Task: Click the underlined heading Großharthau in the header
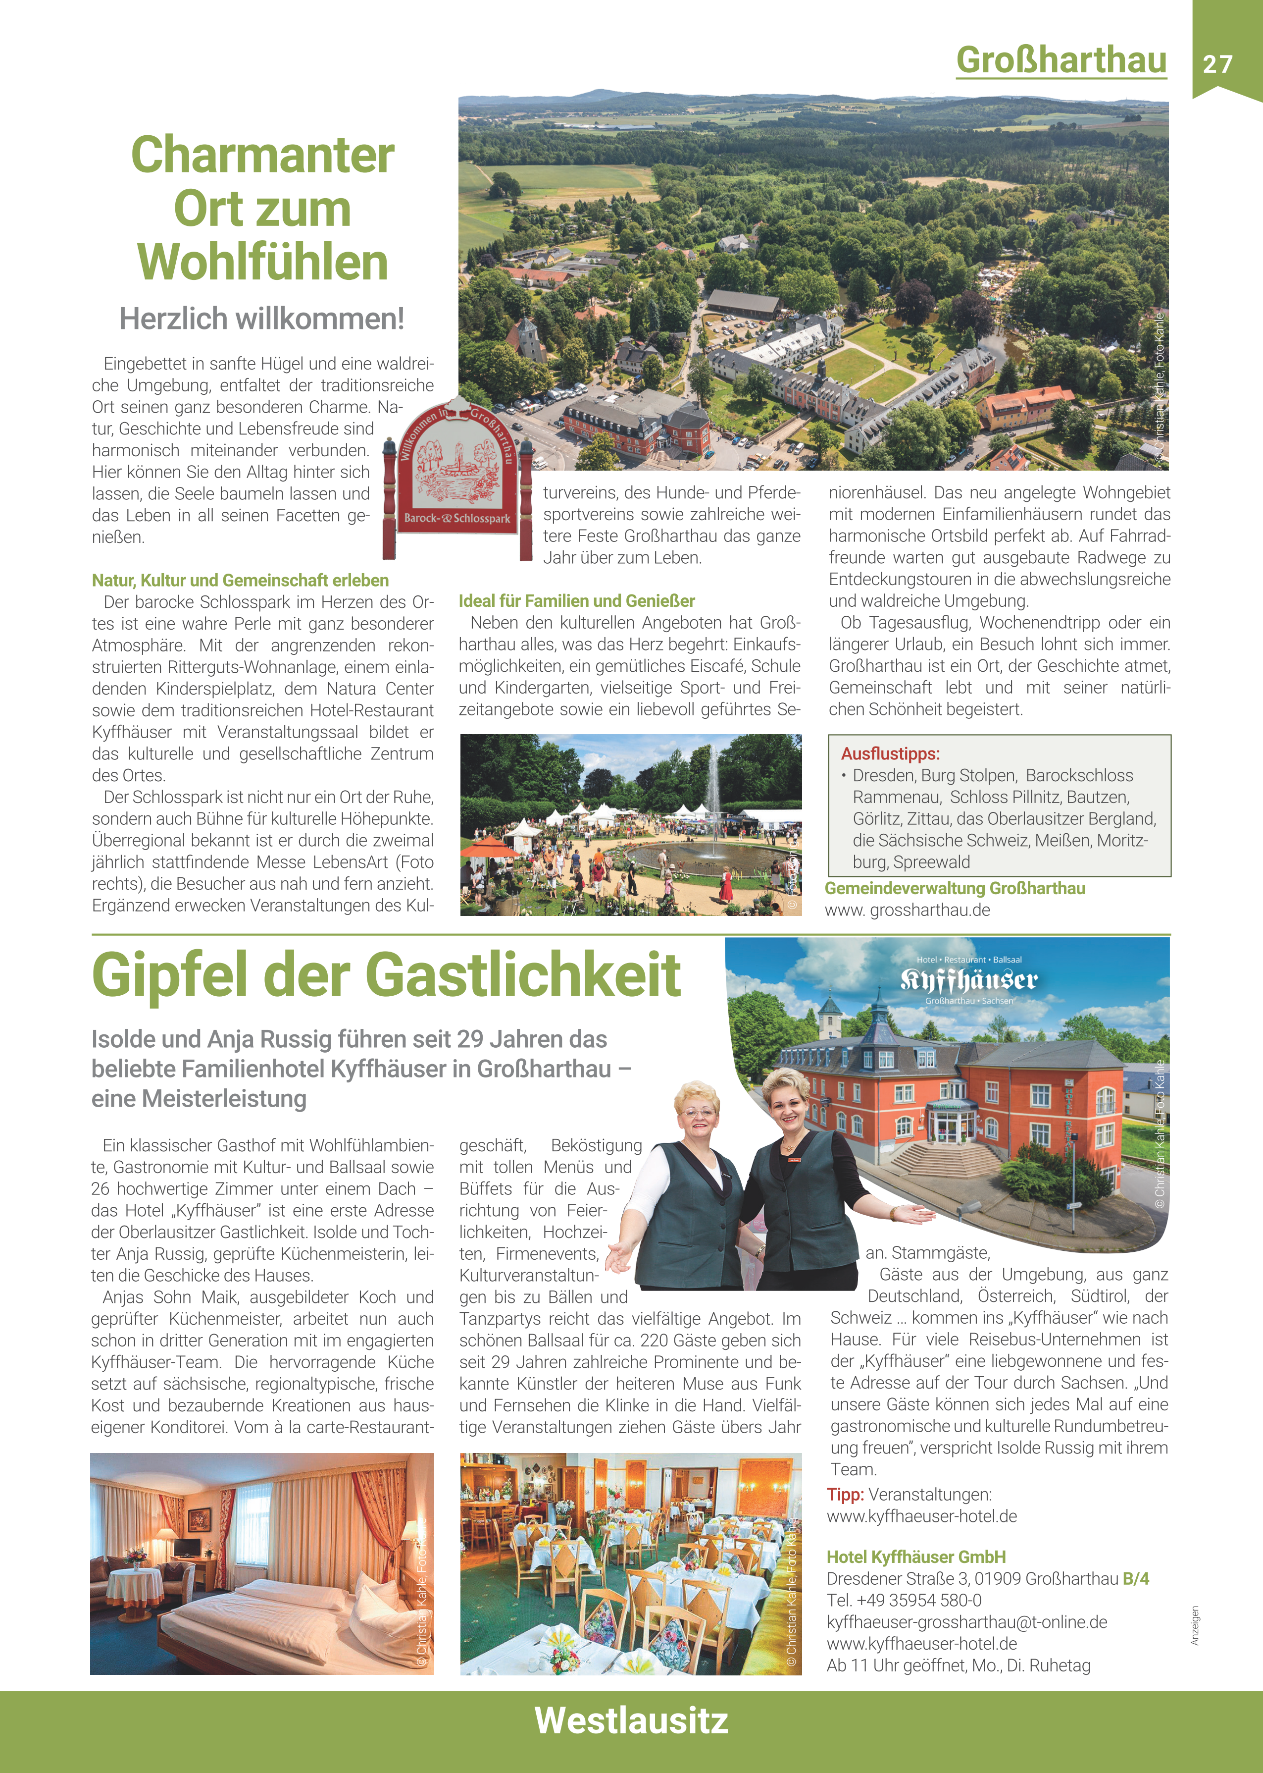click(1061, 60)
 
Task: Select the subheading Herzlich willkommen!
click(261, 318)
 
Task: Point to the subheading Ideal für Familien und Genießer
click(576, 600)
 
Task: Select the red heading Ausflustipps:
click(890, 753)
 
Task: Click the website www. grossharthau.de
click(907, 910)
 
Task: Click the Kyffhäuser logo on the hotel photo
click(968, 979)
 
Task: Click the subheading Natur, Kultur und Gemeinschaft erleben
click(240, 581)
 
